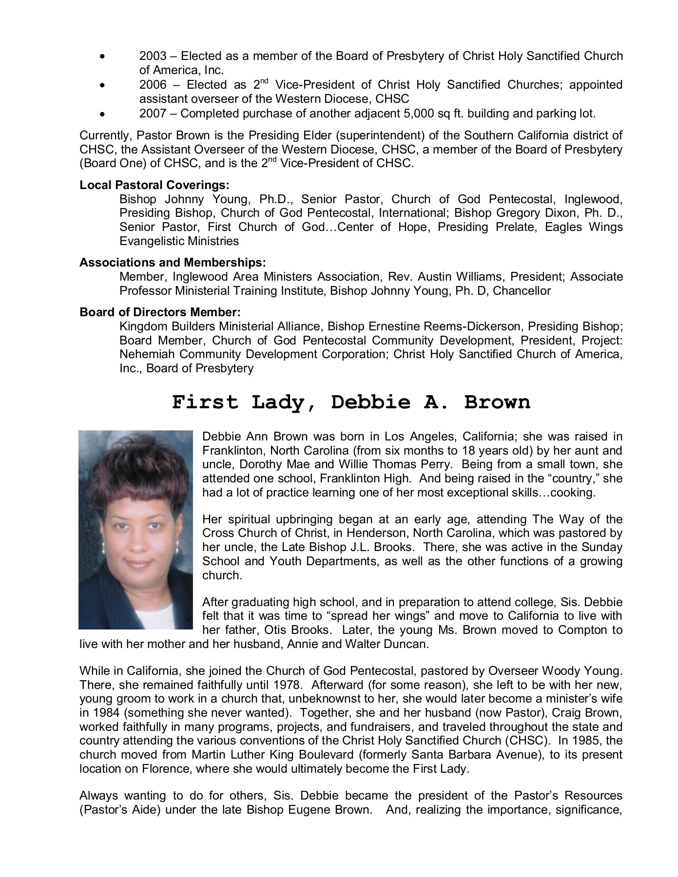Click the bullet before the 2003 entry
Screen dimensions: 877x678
[x=101, y=57]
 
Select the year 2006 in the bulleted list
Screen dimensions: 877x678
[x=153, y=85]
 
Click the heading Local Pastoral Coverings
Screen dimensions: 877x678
[x=155, y=185]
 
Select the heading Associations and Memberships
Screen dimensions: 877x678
[x=173, y=263]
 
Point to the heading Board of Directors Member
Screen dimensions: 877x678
[x=160, y=312]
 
